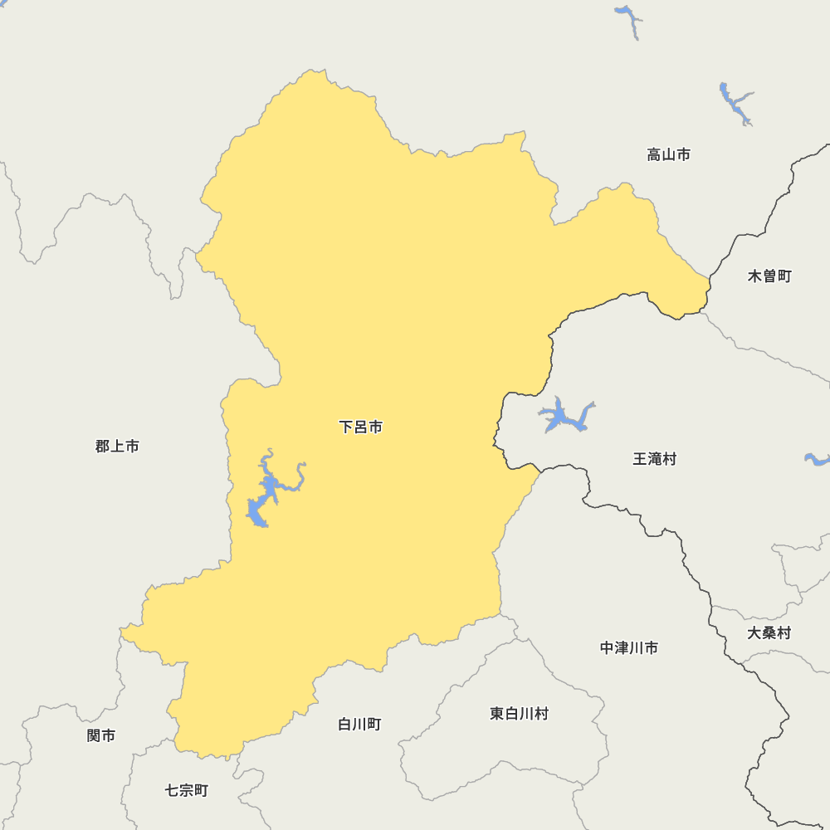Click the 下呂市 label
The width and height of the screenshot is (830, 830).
[361, 427]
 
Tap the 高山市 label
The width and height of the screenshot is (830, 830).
[668, 154]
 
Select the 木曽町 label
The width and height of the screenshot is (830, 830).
[769, 276]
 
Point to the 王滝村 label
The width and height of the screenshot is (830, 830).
[654, 459]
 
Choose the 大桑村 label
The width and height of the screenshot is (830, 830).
[769, 633]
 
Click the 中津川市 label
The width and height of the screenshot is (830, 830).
[629, 648]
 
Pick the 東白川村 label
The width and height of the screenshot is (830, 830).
[519, 714]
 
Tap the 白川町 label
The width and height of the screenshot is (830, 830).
[359, 725]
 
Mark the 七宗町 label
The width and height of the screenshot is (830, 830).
[187, 791]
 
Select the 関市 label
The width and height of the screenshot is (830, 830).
[101, 735]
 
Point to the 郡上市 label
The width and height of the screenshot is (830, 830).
[117, 447]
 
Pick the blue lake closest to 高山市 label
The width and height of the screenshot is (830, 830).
[735, 102]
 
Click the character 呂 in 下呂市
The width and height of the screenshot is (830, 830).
[361, 427]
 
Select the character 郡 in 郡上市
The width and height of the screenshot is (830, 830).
[103, 447]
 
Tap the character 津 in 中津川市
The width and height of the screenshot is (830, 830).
[622, 648]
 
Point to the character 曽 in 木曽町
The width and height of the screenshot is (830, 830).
[769, 276]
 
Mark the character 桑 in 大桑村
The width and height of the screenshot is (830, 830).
[769, 633]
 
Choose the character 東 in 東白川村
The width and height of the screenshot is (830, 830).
[497, 714]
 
